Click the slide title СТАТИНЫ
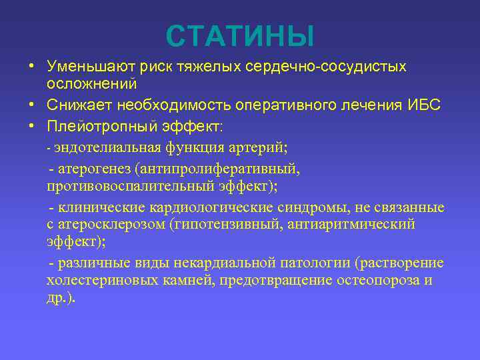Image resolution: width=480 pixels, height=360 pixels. [x=239, y=36]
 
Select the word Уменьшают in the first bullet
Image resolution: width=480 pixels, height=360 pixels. [x=89, y=67]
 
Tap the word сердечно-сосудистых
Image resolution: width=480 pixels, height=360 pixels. [x=326, y=67]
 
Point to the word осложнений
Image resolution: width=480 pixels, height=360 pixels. [x=91, y=83]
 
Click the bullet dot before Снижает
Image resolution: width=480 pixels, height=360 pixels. [x=31, y=105]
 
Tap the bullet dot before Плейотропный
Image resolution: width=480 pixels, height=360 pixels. [x=31, y=127]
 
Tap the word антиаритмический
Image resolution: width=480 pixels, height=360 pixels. [x=351, y=224]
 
